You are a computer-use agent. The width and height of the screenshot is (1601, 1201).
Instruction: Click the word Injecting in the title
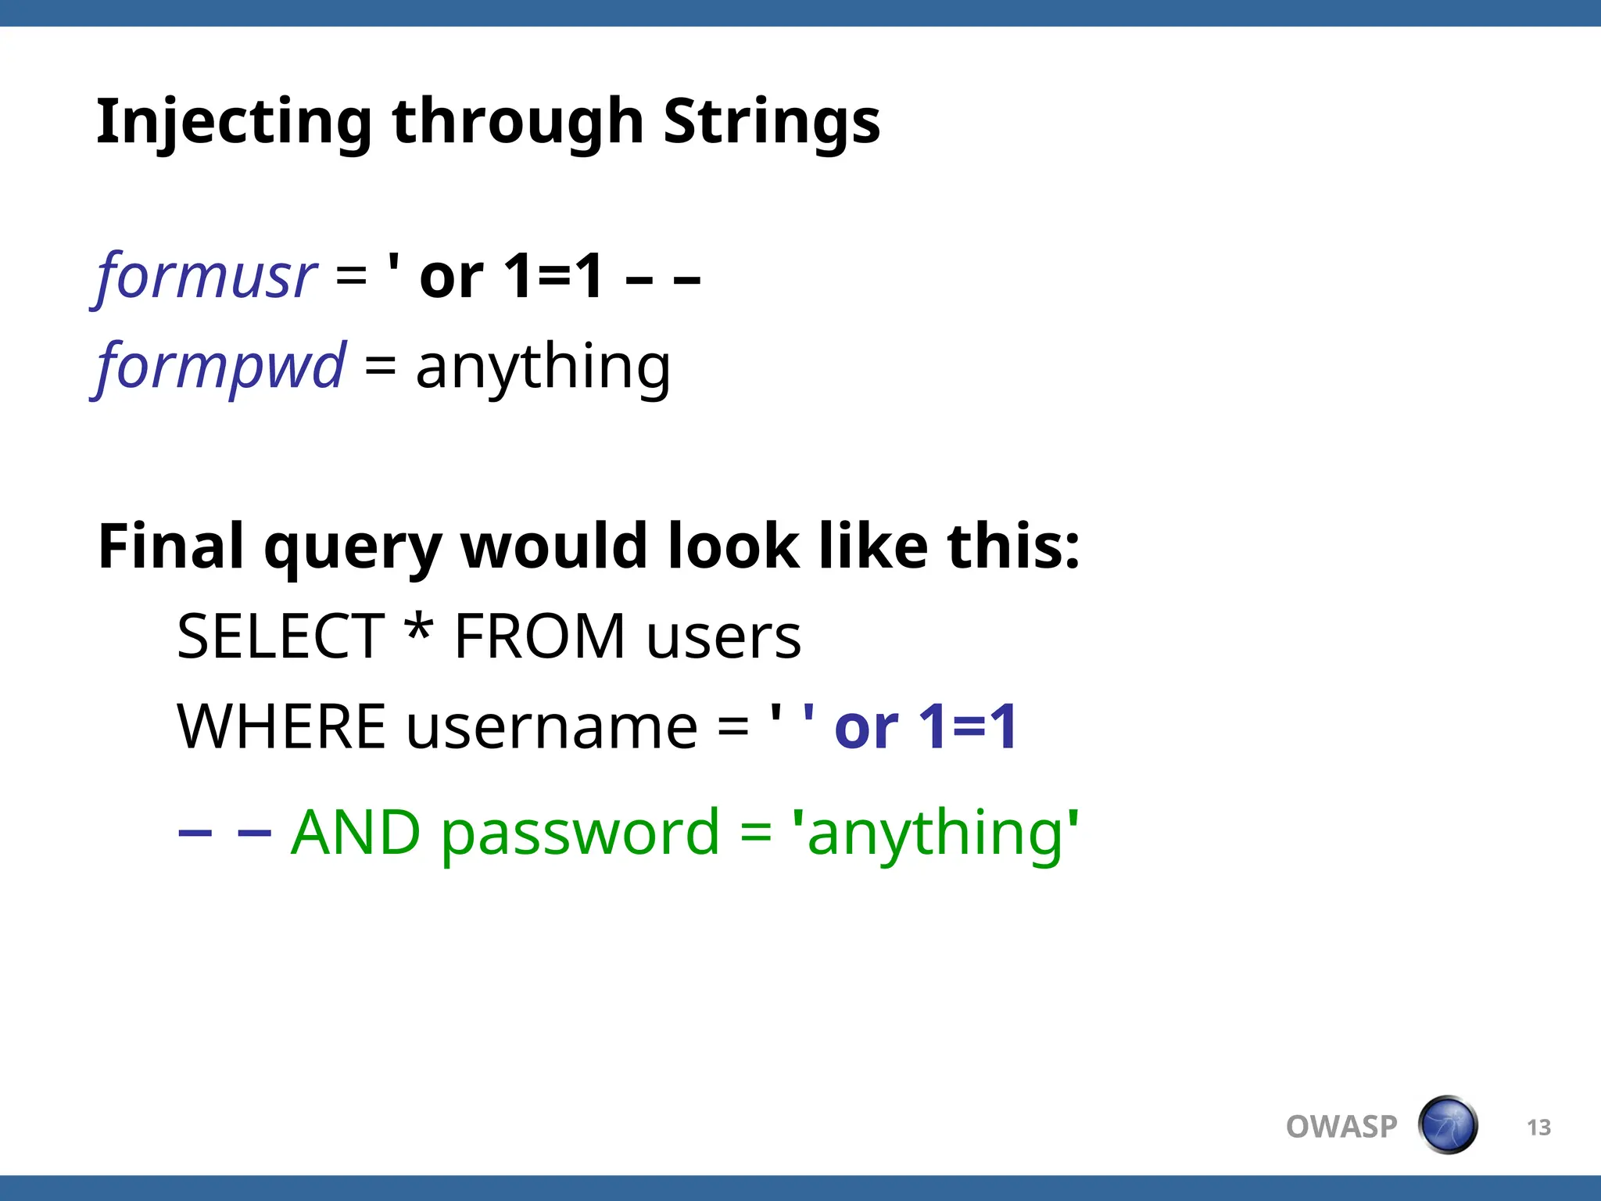pyautogui.click(x=233, y=122)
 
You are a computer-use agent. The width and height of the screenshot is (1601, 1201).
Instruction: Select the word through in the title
pyautogui.click(x=518, y=122)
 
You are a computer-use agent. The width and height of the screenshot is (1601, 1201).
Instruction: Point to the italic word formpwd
pyautogui.click(x=220, y=366)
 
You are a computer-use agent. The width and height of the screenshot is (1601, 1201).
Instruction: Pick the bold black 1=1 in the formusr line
pyautogui.click(x=553, y=277)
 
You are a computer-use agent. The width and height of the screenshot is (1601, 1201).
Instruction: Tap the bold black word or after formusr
pyautogui.click(x=451, y=278)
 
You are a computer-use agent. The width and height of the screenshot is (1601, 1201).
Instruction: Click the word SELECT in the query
pyautogui.click(x=281, y=636)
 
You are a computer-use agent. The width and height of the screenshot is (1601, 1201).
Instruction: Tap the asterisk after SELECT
pyautogui.click(x=419, y=629)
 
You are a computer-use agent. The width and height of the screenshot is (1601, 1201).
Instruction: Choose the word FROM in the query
pyautogui.click(x=540, y=636)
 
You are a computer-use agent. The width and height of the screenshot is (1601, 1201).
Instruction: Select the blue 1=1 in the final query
pyautogui.click(x=967, y=727)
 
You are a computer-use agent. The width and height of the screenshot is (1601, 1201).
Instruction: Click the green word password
pyautogui.click(x=579, y=834)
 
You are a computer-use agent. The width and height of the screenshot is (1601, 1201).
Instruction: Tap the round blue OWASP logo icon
pyautogui.click(x=1447, y=1125)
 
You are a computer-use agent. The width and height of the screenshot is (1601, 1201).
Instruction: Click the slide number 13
pyautogui.click(x=1538, y=1128)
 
